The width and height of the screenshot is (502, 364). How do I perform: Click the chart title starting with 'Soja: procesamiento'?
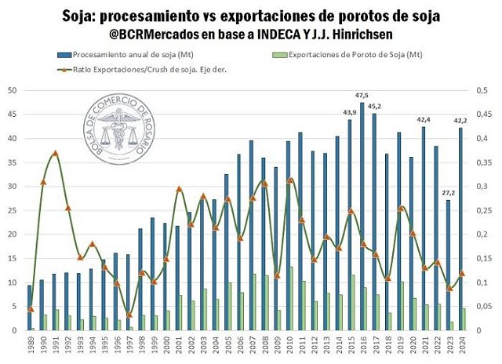tap(250, 15)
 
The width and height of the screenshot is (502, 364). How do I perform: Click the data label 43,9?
tap(350, 111)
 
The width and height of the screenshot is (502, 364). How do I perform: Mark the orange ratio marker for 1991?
tap(55, 153)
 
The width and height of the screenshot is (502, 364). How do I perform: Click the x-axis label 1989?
tap(31, 346)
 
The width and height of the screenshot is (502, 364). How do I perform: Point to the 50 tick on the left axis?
tap(12, 90)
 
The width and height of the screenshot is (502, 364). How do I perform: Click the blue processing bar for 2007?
tap(251, 235)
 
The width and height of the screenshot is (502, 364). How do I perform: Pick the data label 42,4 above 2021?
tap(424, 119)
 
